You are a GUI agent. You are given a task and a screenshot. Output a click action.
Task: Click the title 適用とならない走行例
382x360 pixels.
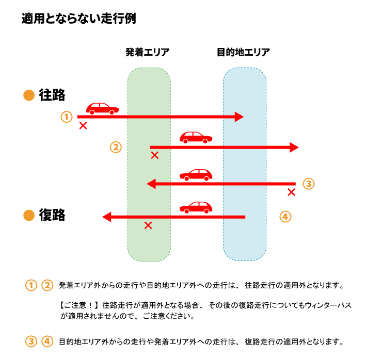pos(78,19)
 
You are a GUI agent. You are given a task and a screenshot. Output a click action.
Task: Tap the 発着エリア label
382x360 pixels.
pos(148,53)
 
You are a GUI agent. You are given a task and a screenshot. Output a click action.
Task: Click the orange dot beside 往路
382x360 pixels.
pos(29,95)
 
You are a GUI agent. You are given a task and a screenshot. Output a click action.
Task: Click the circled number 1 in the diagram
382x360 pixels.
pos(66,117)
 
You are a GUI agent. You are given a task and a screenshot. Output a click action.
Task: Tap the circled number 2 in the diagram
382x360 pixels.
pos(116,148)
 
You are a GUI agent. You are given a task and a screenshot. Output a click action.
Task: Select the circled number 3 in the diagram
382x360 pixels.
pos(308,184)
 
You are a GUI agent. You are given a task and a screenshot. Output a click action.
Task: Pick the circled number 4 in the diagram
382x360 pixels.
pos(285,217)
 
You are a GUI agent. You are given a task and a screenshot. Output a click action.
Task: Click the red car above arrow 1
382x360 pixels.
pos(102,108)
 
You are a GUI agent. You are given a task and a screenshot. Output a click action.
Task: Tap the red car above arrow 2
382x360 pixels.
pos(196,137)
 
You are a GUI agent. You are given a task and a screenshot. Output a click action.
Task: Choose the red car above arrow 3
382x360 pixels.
pos(196,174)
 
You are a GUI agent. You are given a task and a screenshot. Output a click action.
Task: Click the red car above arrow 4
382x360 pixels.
pos(196,207)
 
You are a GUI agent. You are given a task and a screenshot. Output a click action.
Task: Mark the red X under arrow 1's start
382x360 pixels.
pos(83,126)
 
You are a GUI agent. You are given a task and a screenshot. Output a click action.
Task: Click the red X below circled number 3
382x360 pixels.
pos(291,192)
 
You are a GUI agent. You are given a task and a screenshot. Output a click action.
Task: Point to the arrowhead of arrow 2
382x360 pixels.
pos(294,148)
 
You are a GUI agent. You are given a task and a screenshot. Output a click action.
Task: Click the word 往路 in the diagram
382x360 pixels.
pos(52,95)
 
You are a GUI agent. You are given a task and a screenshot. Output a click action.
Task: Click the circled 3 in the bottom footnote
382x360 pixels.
pos(31,341)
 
